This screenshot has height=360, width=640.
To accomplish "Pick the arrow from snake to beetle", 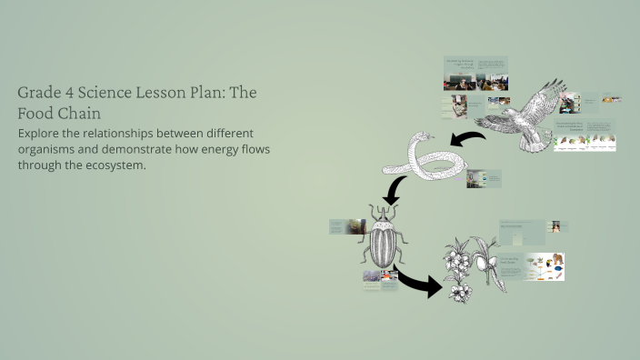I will pyautogui.click(x=395, y=190).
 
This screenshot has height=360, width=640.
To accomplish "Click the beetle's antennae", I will pyautogui.click(x=380, y=209).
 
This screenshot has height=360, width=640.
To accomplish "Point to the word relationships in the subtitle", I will pyautogui.click(x=119, y=133).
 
